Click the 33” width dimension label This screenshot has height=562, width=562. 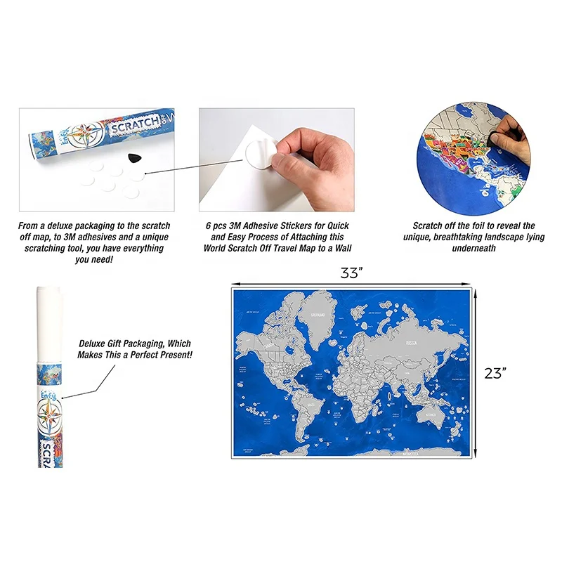[x=350, y=275]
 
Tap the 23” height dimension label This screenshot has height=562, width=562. [x=495, y=374]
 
